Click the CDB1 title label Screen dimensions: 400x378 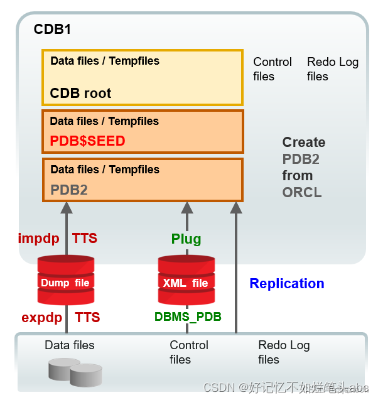(52, 30)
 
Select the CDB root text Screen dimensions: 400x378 (80, 94)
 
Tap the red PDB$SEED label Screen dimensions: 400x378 (87, 141)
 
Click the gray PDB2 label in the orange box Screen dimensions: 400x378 (68, 189)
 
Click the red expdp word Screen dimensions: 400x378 (42, 317)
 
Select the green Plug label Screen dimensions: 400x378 (186, 239)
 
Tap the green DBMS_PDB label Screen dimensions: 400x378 (188, 317)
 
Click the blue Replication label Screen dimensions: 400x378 (287, 284)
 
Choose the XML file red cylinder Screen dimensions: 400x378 (186, 280)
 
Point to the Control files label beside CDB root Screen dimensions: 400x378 (272, 69)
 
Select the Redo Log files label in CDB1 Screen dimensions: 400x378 (332, 69)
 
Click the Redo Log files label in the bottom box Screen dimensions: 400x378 (284, 352)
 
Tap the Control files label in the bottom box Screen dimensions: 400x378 (189, 352)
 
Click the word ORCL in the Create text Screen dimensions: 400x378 (302, 193)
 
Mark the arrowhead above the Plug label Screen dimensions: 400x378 (186, 208)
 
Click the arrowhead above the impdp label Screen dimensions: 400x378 (66, 208)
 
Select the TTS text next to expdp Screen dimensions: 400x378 (87, 317)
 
